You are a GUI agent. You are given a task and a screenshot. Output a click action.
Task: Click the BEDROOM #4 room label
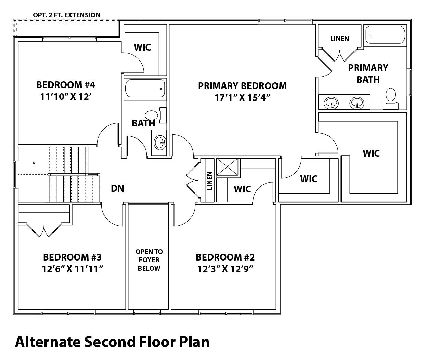tap(64, 84)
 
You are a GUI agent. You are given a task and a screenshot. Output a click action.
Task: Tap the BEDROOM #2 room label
tap(225, 257)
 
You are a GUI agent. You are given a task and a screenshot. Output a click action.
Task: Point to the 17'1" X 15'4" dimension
tap(242, 98)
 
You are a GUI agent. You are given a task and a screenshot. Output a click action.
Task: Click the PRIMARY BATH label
tap(368, 74)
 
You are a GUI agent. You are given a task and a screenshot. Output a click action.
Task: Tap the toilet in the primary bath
tap(390, 95)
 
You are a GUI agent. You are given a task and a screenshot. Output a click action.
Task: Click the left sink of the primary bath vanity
tap(331, 102)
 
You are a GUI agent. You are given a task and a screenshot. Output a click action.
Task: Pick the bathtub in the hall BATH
tap(145, 89)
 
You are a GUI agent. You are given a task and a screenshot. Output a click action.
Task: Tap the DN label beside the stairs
tap(117, 188)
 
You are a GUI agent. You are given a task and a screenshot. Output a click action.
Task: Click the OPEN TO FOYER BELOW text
tap(149, 260)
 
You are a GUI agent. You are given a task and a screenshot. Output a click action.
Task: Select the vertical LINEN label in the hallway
tap(209, 181)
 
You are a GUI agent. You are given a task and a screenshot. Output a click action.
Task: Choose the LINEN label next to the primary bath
tap(339, 39)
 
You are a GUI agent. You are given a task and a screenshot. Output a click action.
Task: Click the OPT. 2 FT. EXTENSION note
tap(66, 15)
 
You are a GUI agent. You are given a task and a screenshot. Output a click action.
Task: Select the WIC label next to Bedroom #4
tap(142, 47)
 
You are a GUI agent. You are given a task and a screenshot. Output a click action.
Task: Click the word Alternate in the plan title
tap(48, 341)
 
